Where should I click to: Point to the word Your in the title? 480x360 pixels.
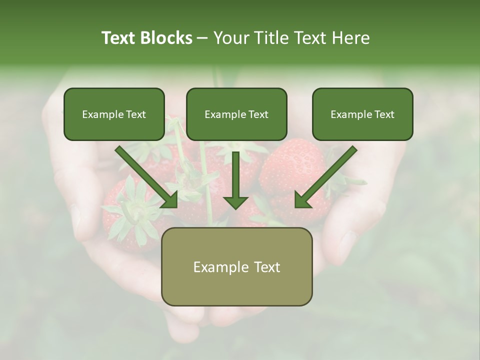coord(229,38)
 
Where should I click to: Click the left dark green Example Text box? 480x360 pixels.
coord(114,114)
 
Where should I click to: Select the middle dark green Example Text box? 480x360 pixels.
coord(236,114)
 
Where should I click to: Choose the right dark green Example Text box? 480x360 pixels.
coord(362,114)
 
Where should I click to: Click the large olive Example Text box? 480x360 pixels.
coord(236,266)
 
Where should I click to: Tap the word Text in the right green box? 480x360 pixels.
coord(383,114)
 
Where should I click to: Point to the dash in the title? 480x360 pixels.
coord(202,38)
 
